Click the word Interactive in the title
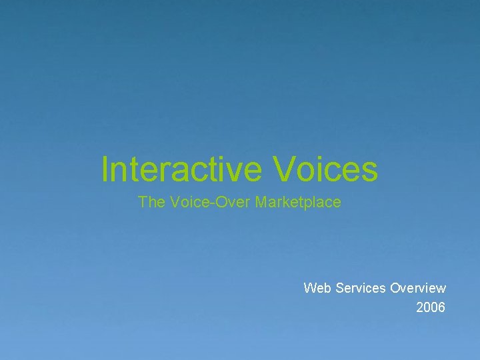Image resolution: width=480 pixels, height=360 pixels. [181, 169]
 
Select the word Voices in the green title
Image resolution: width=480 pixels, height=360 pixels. [325, 169]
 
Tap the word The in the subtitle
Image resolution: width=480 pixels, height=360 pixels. [151, 202]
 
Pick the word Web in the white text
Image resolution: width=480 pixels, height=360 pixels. [317, 288]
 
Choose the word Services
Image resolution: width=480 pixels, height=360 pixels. [361, 288]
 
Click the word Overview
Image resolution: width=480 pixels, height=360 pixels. [418, 288]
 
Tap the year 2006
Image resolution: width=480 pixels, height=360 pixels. [431, 307]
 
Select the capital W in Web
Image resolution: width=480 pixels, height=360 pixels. [310, 288]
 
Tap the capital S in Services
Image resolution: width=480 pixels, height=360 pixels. [340, 288]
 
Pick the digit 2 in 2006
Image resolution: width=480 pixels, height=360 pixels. [420, 307]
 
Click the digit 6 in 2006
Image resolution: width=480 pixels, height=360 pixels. [441, 307]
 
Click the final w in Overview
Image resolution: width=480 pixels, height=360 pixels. [441, 288]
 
